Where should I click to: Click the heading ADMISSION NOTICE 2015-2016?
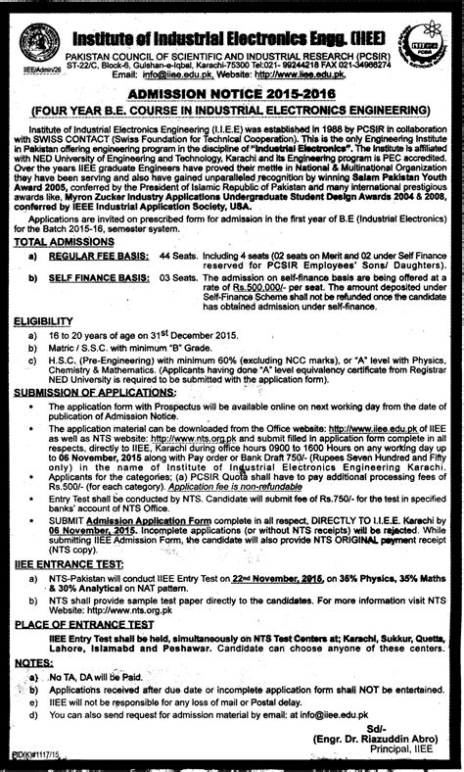231,90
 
